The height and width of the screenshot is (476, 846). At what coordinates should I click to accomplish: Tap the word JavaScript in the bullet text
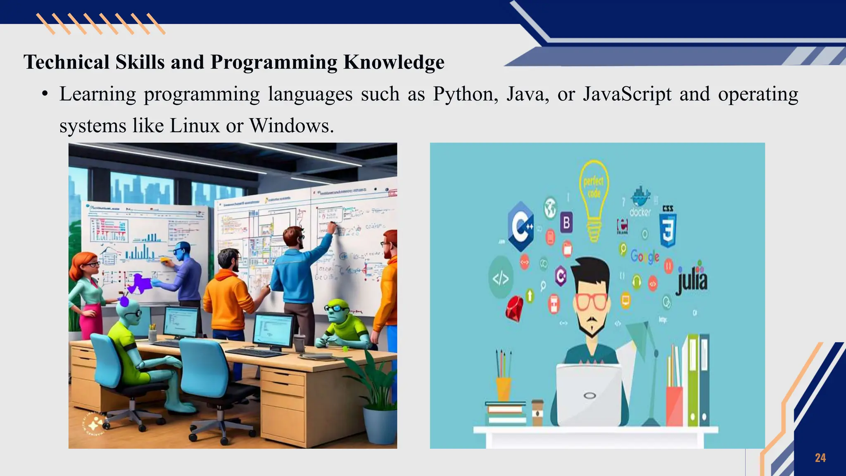[x=627, y=94]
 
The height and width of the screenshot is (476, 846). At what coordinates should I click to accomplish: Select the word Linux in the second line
[x=195, y=126]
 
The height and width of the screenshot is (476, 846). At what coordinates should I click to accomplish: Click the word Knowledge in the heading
[x=394, y=62]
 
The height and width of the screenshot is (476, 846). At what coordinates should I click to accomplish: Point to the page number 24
[x=820, y=458]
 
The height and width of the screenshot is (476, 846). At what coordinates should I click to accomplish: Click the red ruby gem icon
[x=514, y=308]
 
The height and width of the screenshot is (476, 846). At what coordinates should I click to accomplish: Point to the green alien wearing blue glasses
[x=343, y=322]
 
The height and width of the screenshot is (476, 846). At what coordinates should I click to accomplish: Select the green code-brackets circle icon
[x=501, y=278]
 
